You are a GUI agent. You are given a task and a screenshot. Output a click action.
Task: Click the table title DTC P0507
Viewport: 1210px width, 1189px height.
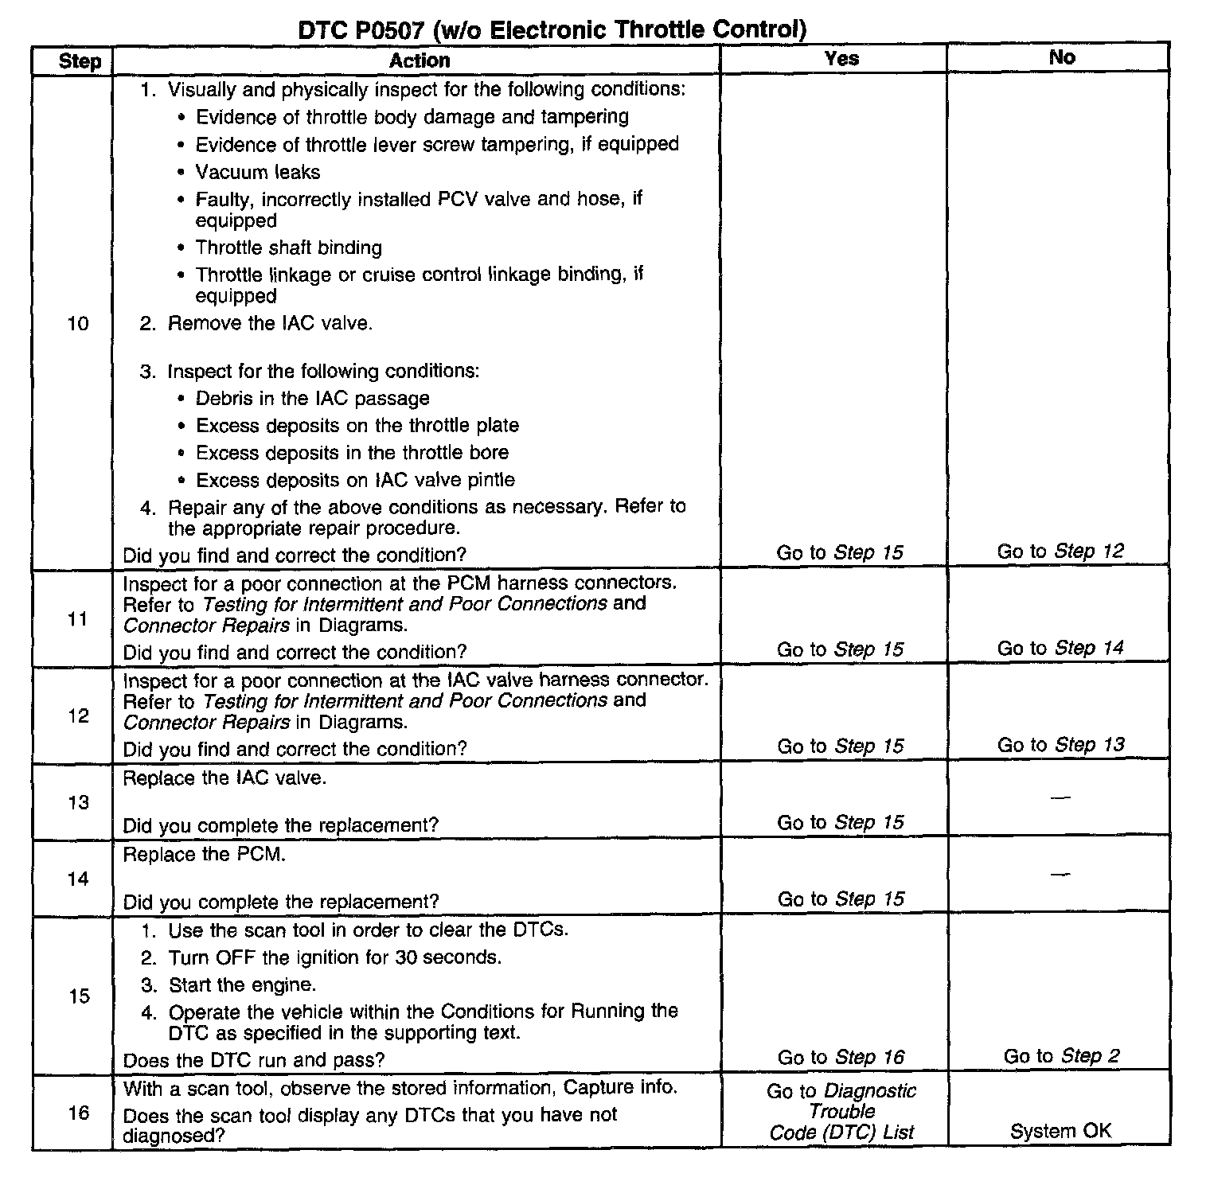pyautogui.click(x=552, y=30)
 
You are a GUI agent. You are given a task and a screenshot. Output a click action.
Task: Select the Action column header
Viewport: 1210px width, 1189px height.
pyautogui.click(x=420, y=60)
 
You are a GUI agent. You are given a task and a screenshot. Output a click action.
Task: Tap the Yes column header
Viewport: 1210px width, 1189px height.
pyautogui.click(x=841, y=58)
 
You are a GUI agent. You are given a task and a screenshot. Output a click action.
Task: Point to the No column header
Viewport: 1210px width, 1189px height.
pyautogui.click(x=1062, y=57)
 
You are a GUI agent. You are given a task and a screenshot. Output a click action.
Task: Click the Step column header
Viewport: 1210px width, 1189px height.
pyautogui.click(x=80, y=61)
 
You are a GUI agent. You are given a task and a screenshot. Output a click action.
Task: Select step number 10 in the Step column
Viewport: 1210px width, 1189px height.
pyautogui.click(x=78, y=323)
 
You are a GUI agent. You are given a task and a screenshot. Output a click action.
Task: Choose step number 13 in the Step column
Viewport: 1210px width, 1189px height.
pyautogui.click(x=78, y=802)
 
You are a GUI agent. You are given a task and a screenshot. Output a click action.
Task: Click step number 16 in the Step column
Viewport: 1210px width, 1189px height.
pyautogui.click(x=78, y=1113)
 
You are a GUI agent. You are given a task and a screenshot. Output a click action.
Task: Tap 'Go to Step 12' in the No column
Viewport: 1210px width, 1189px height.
pyautogui.click(x=1060, y=551)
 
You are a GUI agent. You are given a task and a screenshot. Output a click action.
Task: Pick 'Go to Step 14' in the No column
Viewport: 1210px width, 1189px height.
pyautogui.click(x=1060, y=648)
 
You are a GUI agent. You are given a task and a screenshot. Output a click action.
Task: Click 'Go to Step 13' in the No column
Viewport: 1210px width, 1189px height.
pyautogui.click(x=1060, y=745)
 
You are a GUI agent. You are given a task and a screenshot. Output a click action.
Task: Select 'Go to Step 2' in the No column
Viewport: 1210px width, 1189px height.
pyautogui.click(x=1061, y=1056)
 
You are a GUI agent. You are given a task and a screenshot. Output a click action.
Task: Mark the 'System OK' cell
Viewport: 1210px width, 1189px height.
pyautogui.click(x=1060, y=1131)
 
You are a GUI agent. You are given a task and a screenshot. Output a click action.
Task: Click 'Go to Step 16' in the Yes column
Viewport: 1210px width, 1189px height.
pyautogui.click(x=841, y=1057)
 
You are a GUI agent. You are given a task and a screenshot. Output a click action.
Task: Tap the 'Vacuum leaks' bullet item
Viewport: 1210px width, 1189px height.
pyautogui.click(x=258, y=172)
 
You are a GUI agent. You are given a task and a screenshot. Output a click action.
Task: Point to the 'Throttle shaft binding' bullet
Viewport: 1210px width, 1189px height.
pyautogui.click(x=288, y=248)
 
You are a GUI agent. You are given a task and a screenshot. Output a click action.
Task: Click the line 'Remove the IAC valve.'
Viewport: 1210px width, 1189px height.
pyautogui.click(x=269, y=323)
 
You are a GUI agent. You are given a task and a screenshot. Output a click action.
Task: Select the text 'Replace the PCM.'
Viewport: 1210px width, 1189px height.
pyautogui.click(x=205, y=855)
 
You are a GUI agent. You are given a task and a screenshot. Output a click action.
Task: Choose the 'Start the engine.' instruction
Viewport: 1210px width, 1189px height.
pyautogui.click(x=242, y=984)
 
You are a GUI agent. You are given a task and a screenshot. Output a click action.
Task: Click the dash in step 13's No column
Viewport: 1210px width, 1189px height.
pyautogui.click(x=1060, y=797)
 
